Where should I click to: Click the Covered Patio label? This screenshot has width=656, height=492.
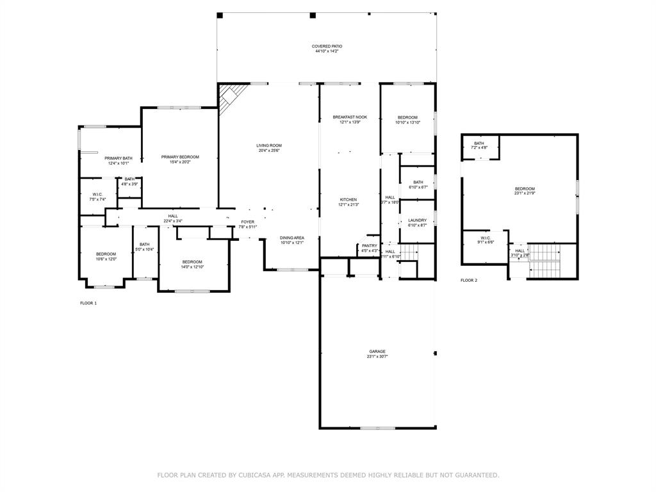pos(327,46)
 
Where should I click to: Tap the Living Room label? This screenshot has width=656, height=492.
pos(269,145)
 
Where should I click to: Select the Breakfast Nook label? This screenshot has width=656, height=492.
pos(350,117)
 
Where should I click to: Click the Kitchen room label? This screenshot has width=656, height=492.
pos(348,200)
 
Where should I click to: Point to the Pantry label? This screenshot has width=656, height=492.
pos(369,245)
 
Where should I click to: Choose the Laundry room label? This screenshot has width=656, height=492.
pos(417,220)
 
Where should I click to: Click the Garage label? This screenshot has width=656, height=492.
pos(377,352)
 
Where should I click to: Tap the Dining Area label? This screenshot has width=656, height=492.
pos(291,238)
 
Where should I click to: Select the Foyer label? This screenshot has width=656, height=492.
pos(247,222)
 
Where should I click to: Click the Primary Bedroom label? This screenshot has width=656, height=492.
pos(180,157)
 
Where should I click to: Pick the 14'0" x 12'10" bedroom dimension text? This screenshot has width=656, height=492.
pos(192,267)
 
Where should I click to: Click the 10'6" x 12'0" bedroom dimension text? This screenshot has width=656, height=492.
pos(106,259)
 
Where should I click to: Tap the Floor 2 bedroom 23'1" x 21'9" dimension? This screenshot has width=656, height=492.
pos(525,193)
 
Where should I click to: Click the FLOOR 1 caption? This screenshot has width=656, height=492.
pos(88,303)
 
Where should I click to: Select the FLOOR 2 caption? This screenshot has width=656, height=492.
pos(469,281)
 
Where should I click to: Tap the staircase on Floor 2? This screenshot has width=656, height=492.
pos(545,259)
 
